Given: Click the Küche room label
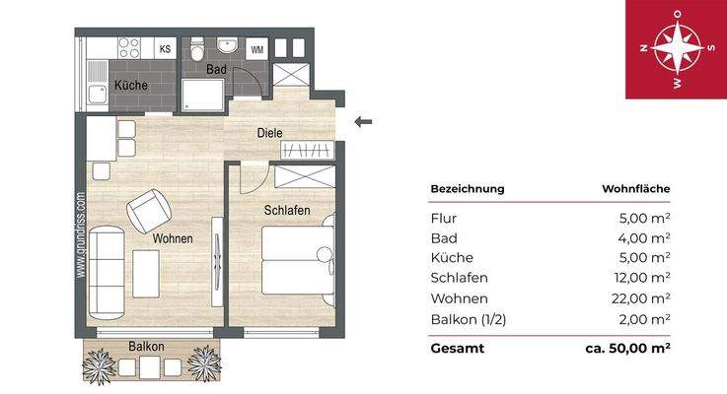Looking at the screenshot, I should tap(130, 86).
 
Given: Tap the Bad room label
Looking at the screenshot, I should tap(218, 70).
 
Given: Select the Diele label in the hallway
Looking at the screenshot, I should tap(269, 132).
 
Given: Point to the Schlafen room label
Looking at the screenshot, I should tap(287, 211).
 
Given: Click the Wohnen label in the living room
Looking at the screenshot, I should tap(172, 238).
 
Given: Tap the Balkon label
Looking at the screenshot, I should tap(146, 347).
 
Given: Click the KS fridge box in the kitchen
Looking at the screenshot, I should tap(165, 49).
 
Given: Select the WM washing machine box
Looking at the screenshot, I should tap(256, 49).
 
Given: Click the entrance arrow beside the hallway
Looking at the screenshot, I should tap(363, 122).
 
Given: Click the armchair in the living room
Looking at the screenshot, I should tap(150, 209).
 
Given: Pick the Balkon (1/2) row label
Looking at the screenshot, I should tap(470, 318).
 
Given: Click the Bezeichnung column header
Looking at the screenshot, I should tap(468, 188).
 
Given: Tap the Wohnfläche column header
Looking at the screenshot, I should tap(636, 188).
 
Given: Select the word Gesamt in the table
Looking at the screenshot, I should tap(457, 349).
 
